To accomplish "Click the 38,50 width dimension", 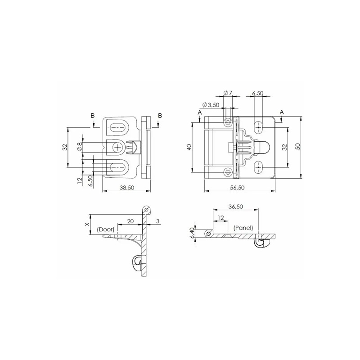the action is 127,188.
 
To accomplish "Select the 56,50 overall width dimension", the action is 238,188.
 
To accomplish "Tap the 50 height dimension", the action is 298,146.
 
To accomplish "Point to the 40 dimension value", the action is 189,147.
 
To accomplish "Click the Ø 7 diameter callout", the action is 228,93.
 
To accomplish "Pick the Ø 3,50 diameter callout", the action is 211,105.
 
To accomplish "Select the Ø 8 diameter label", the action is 80,146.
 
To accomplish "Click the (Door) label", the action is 106,229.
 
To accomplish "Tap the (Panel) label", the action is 243,228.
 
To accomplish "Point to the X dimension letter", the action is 87,224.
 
